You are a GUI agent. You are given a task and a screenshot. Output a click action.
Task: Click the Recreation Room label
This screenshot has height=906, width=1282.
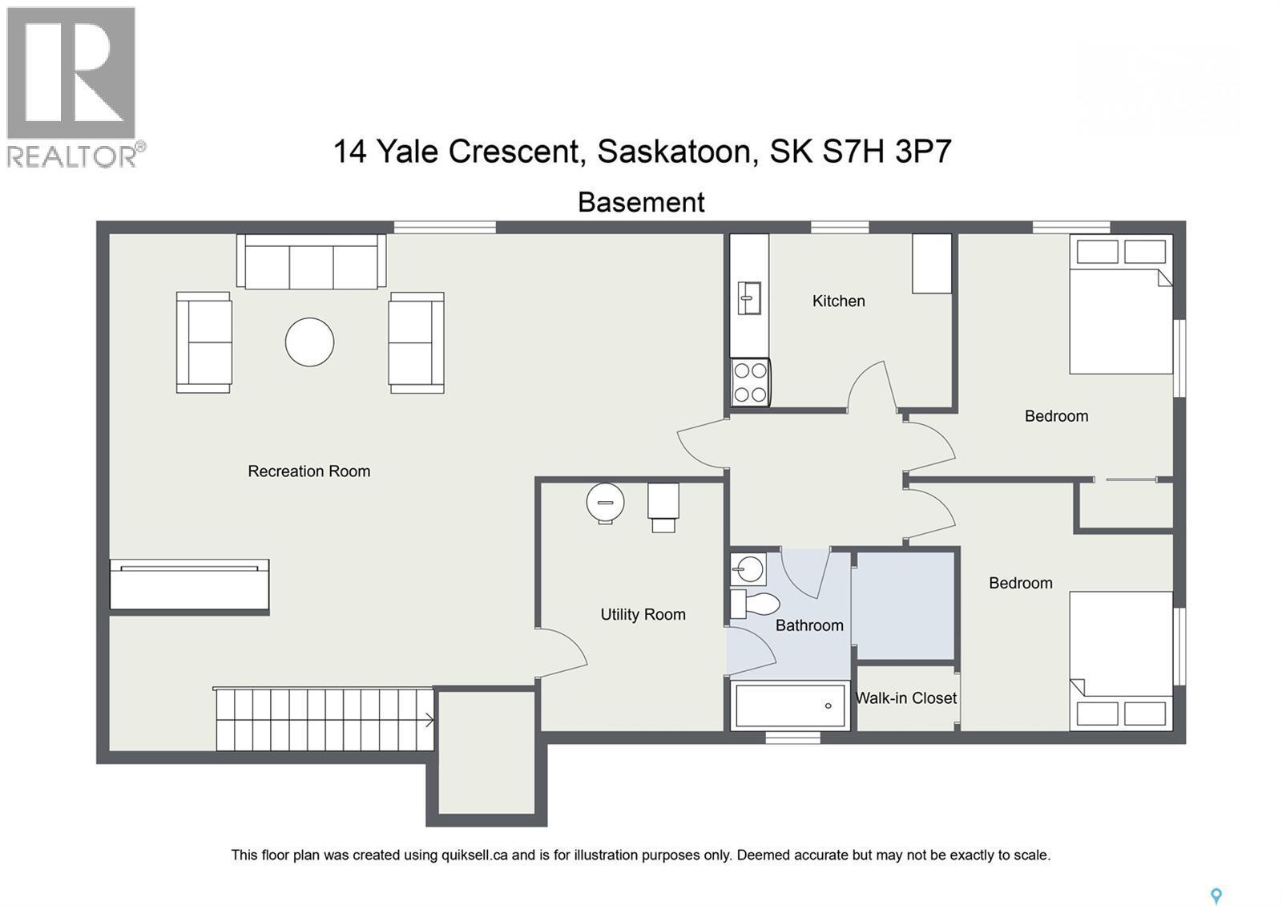point(308,471)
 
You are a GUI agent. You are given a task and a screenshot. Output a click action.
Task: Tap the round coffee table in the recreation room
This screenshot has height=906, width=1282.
point(309,342)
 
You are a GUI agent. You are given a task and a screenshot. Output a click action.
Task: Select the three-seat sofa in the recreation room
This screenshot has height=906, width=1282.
point(311,262)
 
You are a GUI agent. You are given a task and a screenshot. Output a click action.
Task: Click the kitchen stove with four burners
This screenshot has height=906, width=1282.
point(751,382)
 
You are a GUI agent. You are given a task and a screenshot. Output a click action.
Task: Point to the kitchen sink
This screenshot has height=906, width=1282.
point(749,298)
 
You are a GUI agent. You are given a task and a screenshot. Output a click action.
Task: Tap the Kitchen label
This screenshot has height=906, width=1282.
point(838,301)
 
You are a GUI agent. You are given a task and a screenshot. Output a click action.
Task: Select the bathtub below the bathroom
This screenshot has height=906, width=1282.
point(791,706)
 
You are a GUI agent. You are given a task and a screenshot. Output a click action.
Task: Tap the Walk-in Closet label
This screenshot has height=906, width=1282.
point(905,698)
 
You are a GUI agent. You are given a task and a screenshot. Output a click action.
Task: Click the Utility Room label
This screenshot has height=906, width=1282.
point(643,615)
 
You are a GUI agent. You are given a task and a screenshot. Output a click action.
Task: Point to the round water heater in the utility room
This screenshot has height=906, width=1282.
point(605,503)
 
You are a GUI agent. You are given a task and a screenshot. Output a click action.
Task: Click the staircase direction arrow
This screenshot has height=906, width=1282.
point(429,720)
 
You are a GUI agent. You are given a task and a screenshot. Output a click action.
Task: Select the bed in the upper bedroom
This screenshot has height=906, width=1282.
point(1121,305)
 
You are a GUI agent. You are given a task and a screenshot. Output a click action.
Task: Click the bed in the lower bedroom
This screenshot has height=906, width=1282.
point(1121,661)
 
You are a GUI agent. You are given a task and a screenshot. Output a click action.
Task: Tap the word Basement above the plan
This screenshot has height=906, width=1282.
point(641,202)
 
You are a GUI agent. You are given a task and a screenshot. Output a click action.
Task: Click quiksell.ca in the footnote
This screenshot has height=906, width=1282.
point(474,855)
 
